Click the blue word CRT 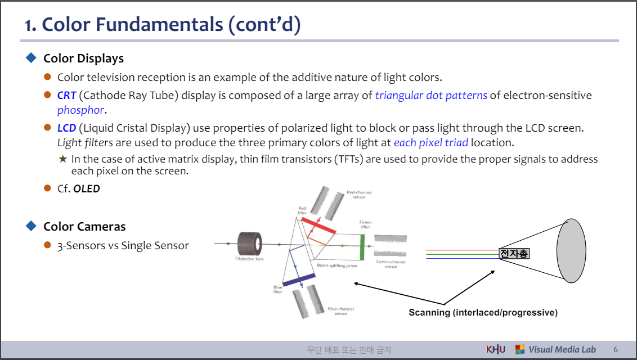[x=66, y=96]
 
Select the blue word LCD [x=66, y=128]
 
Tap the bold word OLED [x=87, y=189]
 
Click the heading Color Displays [x=83, y=58]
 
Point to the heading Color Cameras [x=84, y=227]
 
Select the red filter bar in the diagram [x=318, y=225]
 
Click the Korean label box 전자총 [x=514, y=254]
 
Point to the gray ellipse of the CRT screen [x=575, y=250]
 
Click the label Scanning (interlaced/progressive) [x=483, y=312]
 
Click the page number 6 [x=616, y=349]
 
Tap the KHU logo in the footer [x=496, y=349]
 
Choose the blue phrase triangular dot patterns [x=431, y=96]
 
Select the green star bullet [x=62, y=159]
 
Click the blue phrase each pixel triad [x=430, y=143]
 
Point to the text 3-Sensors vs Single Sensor [x=123, y=245]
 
